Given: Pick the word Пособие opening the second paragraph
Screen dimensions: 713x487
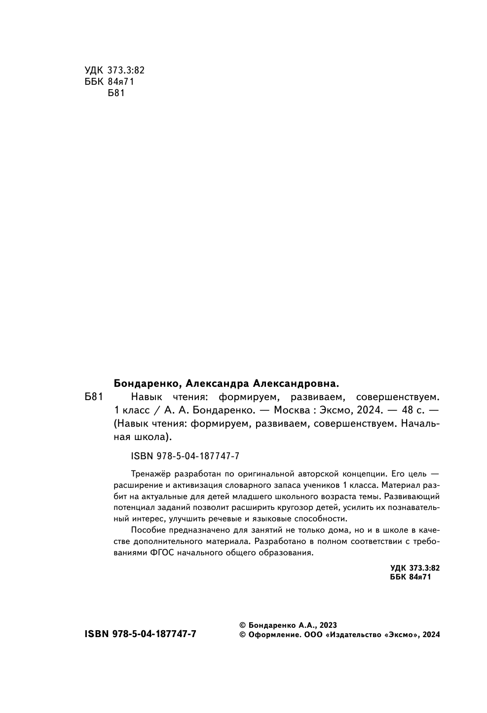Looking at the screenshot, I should point(149,530).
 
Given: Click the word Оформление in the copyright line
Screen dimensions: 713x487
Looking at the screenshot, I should point(273,635).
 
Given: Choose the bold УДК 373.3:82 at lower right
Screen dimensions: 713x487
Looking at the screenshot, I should point(414,568).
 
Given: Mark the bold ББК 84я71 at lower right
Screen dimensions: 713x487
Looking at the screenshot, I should point(410,577).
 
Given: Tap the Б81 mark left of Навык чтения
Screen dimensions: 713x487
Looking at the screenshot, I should point(93,397).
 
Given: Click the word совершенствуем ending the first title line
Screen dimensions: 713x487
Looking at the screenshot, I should point(397,397).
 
